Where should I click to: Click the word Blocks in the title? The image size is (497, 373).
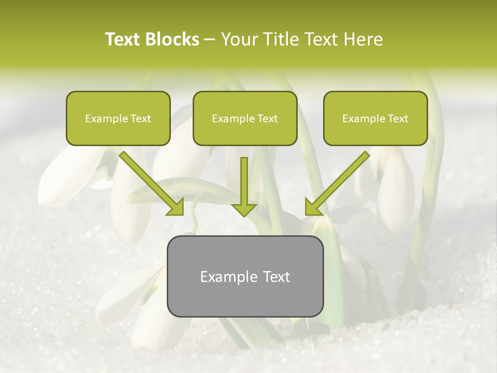pos(172,39)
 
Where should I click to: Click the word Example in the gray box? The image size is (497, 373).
pos(225,277)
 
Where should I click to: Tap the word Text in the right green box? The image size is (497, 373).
pos(398,119)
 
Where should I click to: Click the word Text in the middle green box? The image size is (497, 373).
pos(267,119)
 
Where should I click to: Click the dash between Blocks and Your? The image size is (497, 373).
pos(210,39)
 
